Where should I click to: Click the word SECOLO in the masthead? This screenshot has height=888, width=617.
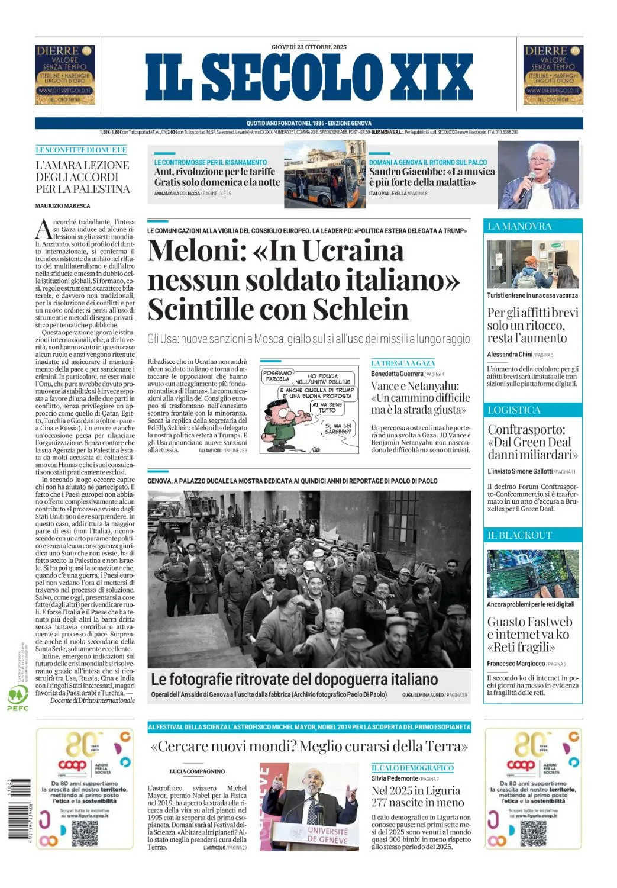293,77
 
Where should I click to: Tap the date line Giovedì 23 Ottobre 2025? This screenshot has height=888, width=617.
309,47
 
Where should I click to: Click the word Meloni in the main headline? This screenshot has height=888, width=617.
196,251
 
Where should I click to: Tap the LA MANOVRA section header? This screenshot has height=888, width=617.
519,226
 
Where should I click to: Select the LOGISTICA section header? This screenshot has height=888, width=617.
513,410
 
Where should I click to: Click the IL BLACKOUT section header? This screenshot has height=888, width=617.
519,535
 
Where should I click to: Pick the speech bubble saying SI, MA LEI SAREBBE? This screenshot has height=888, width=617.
338,429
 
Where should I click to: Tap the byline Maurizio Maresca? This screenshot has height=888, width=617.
63,206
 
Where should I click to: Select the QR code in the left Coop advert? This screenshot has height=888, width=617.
84,833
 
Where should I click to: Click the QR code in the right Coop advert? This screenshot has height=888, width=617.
533,833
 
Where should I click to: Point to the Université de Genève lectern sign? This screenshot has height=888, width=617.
327,835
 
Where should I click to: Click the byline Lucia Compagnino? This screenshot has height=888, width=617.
197,771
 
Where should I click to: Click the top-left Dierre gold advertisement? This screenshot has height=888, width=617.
65,75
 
